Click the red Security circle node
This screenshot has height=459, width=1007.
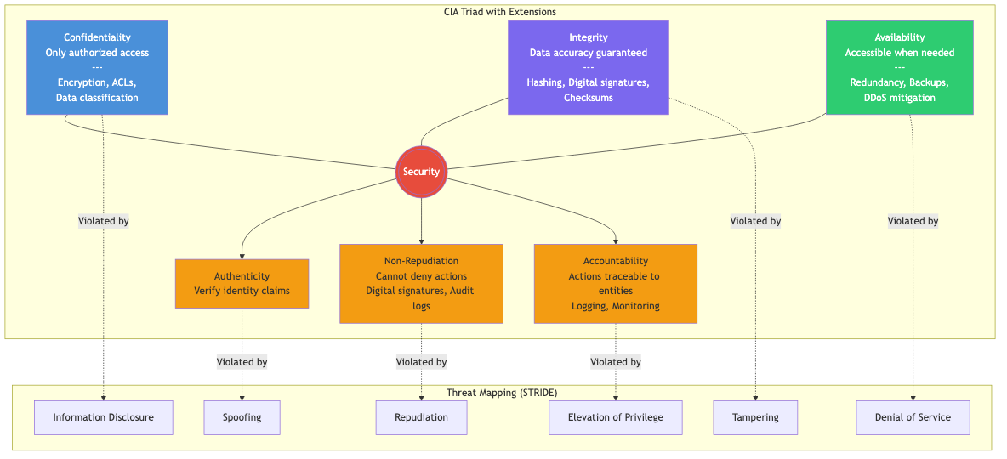coord(421,172)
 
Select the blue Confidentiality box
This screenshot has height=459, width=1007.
coord(97,67)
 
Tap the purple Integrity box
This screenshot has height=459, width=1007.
coord(588,67)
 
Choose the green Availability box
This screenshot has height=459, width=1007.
coord(899,67)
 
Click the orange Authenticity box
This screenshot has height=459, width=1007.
coord(242,283)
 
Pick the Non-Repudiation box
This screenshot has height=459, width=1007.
coord(421,283)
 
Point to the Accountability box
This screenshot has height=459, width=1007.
coord(615,283)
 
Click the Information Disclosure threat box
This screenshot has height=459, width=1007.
coord(103,417)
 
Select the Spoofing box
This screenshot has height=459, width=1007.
coord(242,417)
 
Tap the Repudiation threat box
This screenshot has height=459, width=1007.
coord(421,417)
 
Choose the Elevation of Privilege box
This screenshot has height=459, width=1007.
coord(615,417)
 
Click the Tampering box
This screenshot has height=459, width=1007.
coord(755,417)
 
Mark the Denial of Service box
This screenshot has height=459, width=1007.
coord(913,417)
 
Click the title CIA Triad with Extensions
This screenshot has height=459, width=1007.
coord(500,12)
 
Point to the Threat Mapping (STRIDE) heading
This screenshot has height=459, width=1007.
coord(502,393)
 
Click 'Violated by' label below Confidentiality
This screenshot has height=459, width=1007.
coord(103,221)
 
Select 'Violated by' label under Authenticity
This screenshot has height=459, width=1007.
coord(242,362)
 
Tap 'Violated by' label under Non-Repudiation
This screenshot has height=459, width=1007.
coord(421,362)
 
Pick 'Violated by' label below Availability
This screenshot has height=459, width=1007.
coord(913,221)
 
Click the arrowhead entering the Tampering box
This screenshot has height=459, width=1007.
coord(755,397)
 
